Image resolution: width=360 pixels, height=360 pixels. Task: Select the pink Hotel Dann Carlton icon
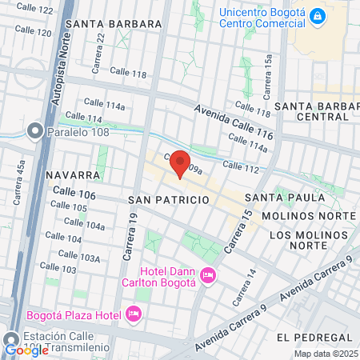click(209, 276)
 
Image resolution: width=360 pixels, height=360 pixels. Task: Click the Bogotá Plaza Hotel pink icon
click(134, 313)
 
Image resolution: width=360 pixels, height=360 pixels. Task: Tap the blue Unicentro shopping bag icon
click(318, 15)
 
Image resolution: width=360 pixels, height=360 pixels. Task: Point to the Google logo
click(26, 350)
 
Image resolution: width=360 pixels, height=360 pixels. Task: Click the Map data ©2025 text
click(326, 353)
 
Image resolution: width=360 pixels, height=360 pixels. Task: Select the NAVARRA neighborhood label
click(73, 174)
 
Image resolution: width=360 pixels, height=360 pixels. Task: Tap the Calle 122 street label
click(35, 10)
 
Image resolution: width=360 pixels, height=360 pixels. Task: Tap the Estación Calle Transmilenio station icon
click(10, 338)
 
